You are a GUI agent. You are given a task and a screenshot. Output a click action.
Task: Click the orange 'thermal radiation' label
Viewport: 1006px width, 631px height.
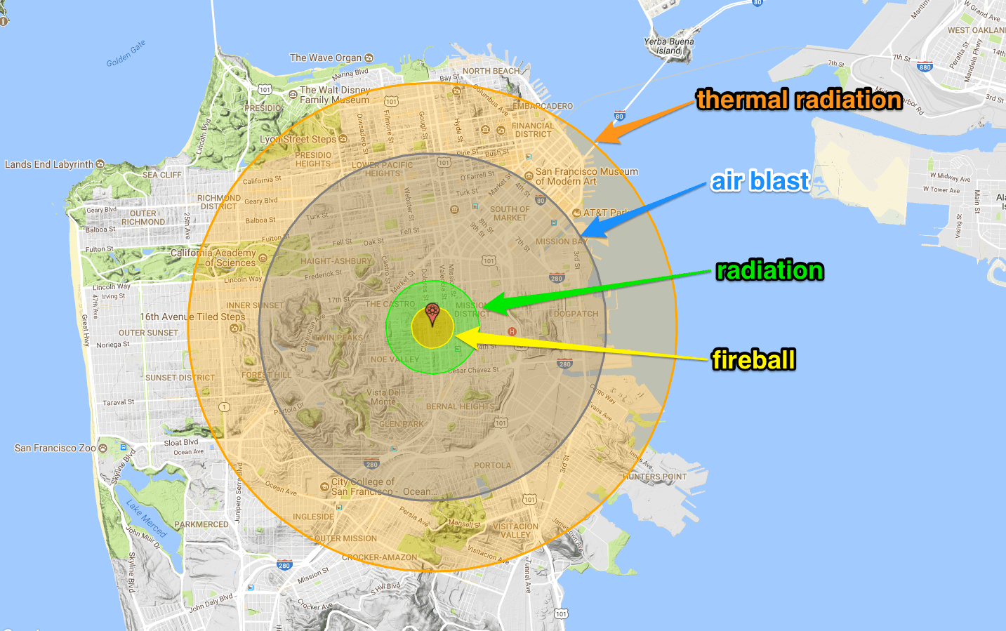click(799, 100)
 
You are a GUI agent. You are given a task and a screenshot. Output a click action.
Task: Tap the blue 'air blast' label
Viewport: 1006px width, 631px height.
click(760, 181)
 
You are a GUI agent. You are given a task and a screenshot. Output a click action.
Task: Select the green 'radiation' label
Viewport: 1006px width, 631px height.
click(769, 270)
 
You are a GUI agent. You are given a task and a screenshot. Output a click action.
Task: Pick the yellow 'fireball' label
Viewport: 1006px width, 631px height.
click(753, 359)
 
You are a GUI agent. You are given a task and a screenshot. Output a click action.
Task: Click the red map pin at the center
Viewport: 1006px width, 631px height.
click(432, 313)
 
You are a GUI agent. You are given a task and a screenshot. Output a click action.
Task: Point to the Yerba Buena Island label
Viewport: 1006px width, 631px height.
click(669, 46)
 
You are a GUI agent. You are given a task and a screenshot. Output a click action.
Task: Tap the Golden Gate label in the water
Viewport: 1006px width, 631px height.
click(126, 54)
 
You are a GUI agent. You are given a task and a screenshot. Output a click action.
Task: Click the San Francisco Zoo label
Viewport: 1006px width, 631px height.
click(55, 448)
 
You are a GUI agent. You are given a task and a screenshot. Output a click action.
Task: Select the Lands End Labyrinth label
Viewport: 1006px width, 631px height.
click(49, 164)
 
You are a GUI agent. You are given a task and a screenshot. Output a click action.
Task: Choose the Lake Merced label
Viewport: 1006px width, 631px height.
click(146, 518)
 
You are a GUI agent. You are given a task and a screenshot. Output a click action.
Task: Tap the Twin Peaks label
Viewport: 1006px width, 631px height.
click(338, 338)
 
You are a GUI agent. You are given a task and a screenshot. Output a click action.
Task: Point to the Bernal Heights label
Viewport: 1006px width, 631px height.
click(460, 406)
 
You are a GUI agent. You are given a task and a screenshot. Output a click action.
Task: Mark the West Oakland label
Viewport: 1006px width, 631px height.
click(976, 30)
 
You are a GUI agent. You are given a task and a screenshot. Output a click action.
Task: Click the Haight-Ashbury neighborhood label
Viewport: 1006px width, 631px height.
click(336, 261)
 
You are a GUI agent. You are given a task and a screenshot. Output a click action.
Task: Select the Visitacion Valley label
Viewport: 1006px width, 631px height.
click(516, 531)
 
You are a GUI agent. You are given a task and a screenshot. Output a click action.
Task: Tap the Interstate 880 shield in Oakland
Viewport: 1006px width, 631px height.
click(925, 67)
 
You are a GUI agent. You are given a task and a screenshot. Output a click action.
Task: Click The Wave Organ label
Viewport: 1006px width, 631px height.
click(326, 58)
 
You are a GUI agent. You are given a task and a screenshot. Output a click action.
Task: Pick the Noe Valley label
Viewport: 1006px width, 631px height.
click(395, 359)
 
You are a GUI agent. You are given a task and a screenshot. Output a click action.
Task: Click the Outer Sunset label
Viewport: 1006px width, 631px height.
click(148, 333)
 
